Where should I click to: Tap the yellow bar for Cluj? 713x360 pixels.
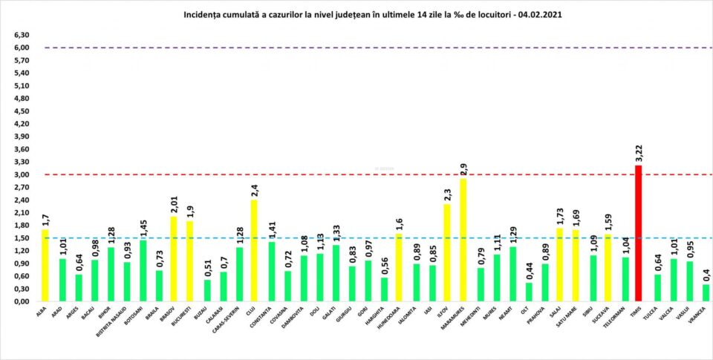(x=254, y=251)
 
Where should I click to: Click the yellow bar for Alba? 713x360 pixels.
(x=45, y=266)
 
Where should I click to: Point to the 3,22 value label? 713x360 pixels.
(x=639, y=152)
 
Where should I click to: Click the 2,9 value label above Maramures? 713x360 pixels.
(x=463, y=168)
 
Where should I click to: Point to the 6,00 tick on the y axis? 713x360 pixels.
(x=21, y=48)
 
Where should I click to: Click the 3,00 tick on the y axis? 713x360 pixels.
(x=21, y=175)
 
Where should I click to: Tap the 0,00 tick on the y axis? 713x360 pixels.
(x=21, y=302)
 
